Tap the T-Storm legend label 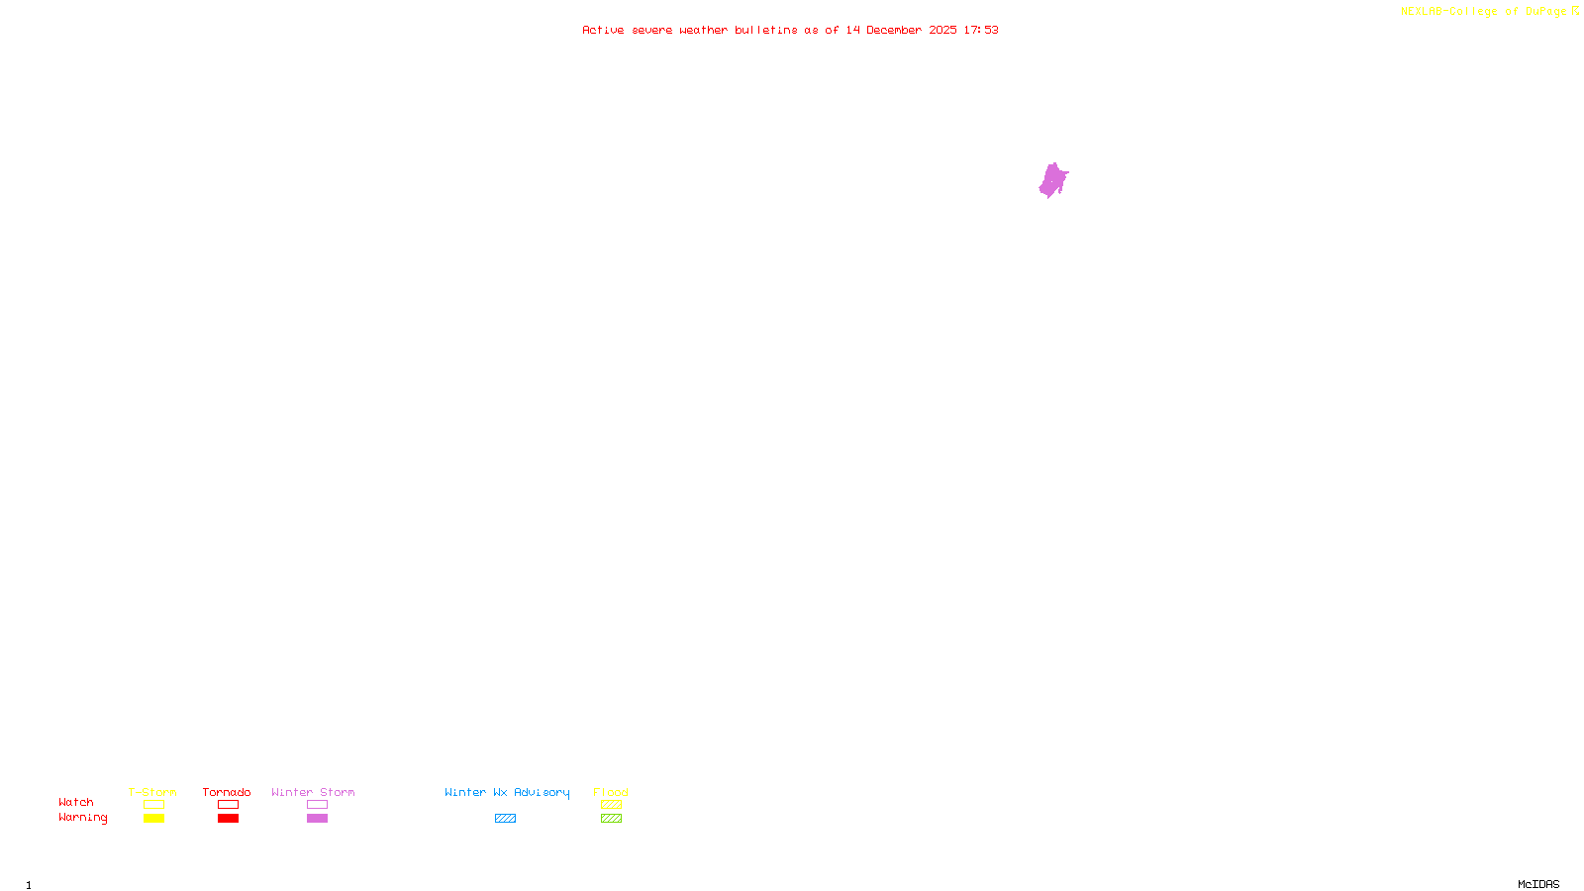(152, 792)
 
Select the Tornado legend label (227, 792)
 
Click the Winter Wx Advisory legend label (507, 792)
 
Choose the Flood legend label (611, 792)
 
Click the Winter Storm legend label (313, 792)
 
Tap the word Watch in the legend (76, 803)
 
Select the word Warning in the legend (82, 818)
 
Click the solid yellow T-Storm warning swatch (153, 819)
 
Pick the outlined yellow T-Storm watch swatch (153, 805)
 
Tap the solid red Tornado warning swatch (229, 819)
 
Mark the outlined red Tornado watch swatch (229, 805)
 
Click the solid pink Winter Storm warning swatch (317, 819)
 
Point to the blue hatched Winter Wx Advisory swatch (505, 819)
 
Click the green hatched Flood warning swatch (611, 819)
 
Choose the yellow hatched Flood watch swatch (611, 805)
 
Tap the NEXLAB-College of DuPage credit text (1484, 12)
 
